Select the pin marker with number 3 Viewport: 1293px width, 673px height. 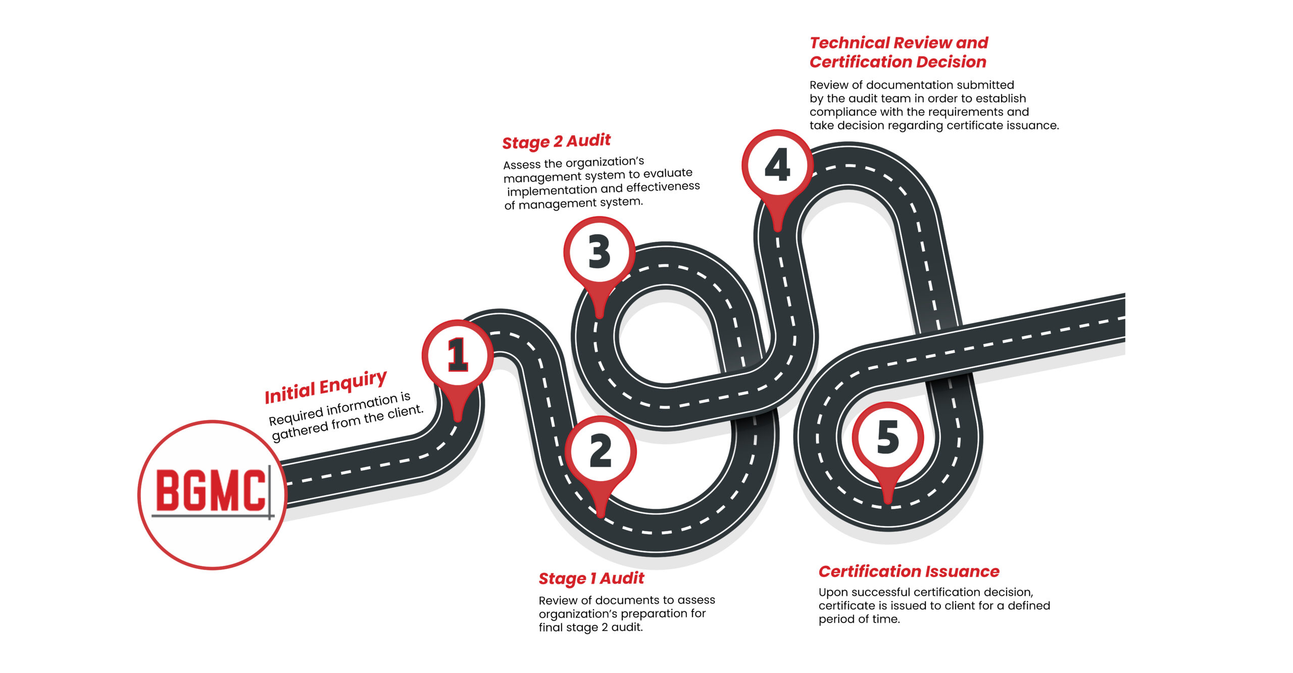[x=599, y=252]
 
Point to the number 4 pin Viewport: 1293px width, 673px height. [x=777, y=165]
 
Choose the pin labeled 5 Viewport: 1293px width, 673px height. [x=888, y=437]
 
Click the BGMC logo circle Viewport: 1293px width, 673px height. [x=212, y=494]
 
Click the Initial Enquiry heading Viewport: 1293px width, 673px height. [x=326, y=387]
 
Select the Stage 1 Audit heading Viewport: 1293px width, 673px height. [x=591, y=579]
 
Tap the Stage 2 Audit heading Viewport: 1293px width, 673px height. [x=556, y=141]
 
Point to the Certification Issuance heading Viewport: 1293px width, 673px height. [x=909, y=572]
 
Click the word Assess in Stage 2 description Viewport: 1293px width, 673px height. [x=522, y=165]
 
